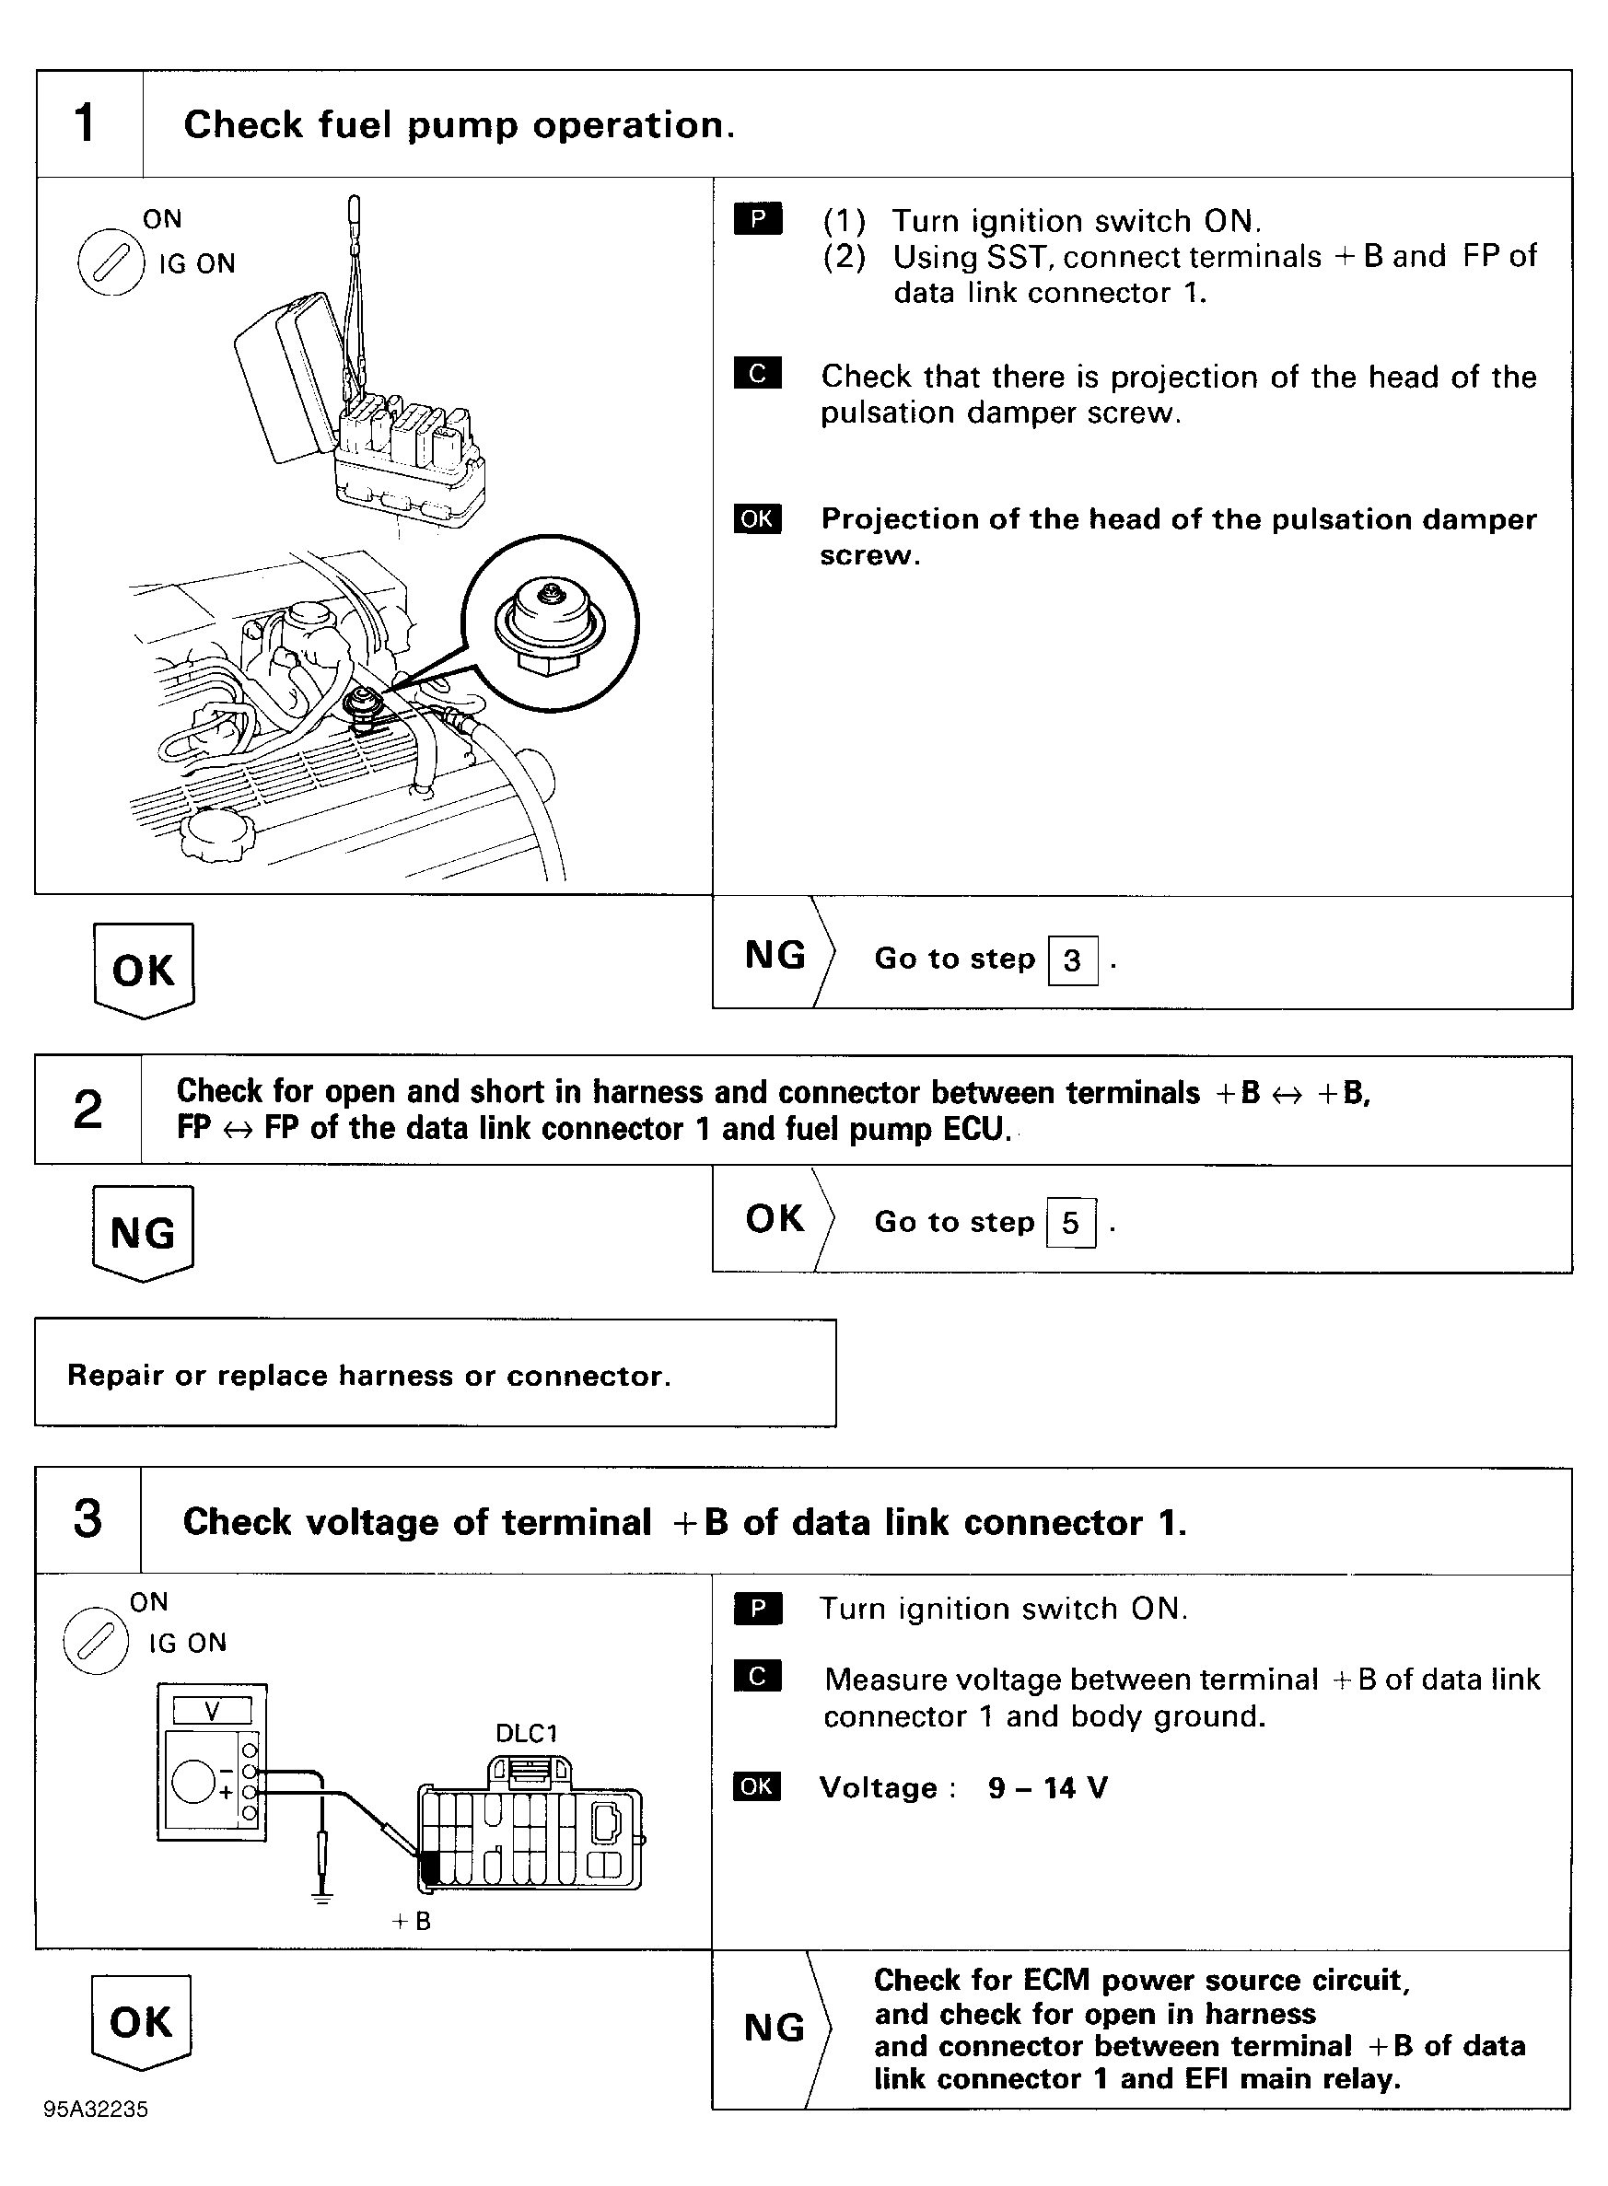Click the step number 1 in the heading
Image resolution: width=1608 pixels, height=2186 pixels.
[x=86, y=123]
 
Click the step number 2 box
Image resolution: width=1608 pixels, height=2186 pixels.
[x=87, y=1110]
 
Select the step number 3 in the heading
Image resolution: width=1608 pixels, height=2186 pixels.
[x=87, y=1519]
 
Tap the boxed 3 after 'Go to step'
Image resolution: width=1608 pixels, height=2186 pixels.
[x=1073, y=960]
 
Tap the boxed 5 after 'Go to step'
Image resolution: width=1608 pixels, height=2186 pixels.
[x=1071, y=1224]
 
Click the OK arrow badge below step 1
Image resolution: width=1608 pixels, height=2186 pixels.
[x=144, y=971]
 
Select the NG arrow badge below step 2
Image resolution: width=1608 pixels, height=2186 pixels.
[x=143, y=1233]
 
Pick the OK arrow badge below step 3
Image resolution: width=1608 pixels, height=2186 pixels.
[x=141, y=2022]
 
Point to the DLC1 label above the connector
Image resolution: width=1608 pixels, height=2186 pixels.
[x=527, y=1733]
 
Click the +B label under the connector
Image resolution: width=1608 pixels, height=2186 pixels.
[x=411, y=1921]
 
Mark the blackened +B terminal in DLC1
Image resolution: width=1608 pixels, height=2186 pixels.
[x=429, y=1866]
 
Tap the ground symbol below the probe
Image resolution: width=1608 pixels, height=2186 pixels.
[x=322, y=1896]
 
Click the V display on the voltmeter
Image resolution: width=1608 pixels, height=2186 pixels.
[x=212, y=1710]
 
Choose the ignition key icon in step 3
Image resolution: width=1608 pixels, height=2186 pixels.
[x=96, y=1642]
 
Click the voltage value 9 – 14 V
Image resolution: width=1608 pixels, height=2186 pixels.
[x=1047, y=1788]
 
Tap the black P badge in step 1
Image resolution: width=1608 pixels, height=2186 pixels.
[x=757, y=221]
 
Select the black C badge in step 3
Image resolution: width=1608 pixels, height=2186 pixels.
[x=757, y=1676]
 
